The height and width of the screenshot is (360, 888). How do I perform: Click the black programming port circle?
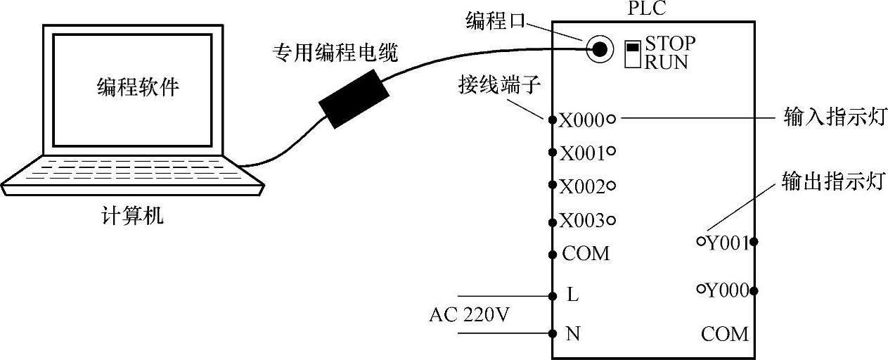pyautogui.click(x=599, y=48)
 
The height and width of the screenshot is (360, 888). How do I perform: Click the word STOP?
pyautogui.click(x=670, y=44)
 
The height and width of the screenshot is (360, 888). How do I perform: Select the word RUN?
pyautogui.click(x=667, y=61)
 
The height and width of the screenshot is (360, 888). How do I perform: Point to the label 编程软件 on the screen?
pyautogui.click(x=138, y=87)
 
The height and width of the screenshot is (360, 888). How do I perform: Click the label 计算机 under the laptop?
pyautogui.click(x=133, y=215)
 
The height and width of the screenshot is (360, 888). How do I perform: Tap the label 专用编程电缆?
pyautogui.click(x=335, y=53)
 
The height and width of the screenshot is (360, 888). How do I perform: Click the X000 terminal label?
pyautogui.click(x=582, y=120)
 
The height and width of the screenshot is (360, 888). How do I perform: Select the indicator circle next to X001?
pyautogui.click(x=611, y=150)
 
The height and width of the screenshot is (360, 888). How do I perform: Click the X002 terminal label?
pyautogui.click(x=582, y=186)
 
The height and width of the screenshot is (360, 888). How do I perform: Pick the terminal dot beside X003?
pyautogui.click(x=552, y=221)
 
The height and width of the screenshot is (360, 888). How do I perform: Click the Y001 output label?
pyautogui.click(x=727, y=243)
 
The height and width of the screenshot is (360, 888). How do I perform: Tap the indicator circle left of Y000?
pyautogui.click(x=701, y=288)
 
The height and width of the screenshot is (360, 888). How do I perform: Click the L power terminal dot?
pyautogui.click(x=552, y=295)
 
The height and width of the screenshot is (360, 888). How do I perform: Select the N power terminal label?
pyautogui.click(x=573, y=333)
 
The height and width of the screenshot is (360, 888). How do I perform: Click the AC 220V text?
pyautogui.click(x=469, y=314)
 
